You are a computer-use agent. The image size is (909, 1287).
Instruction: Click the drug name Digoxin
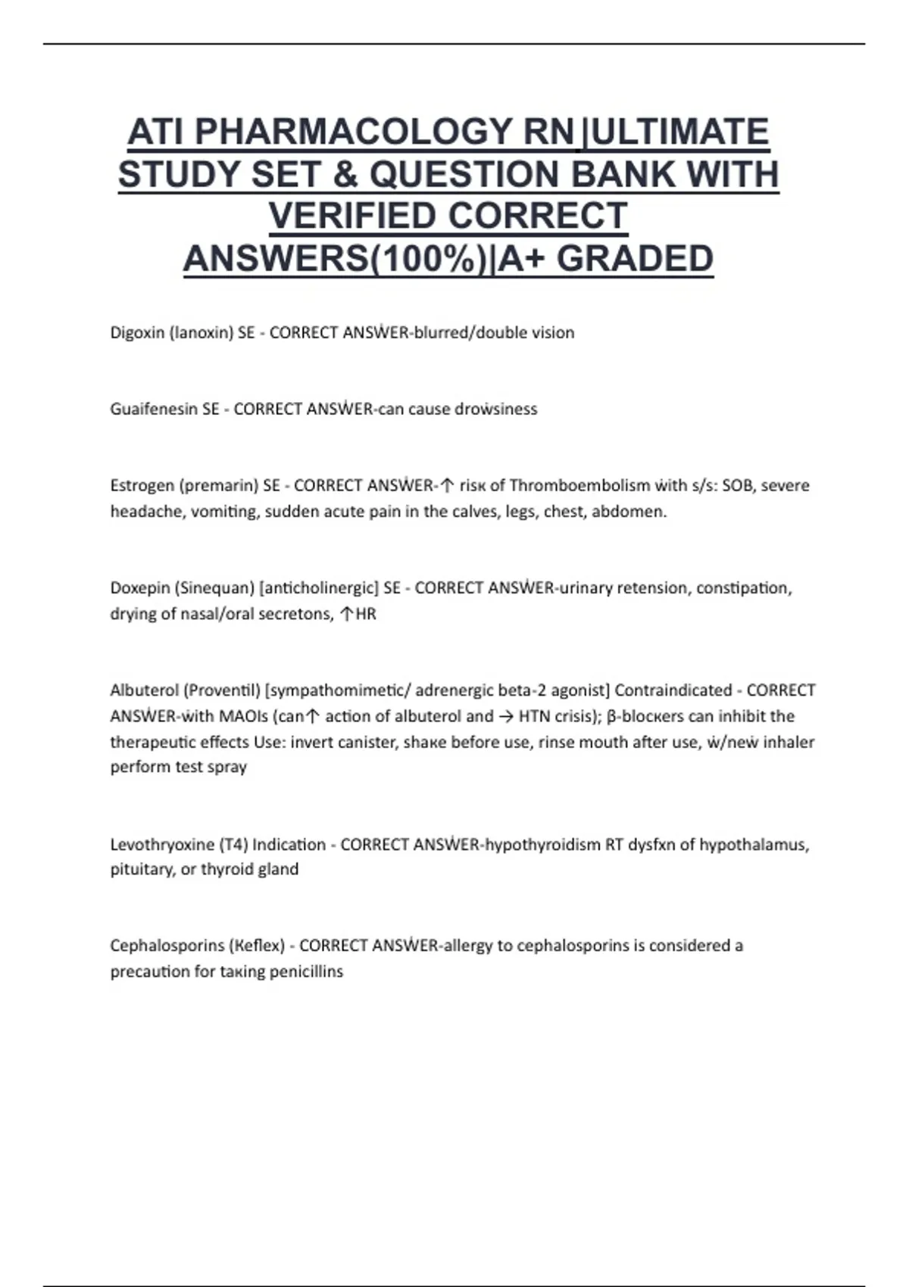136,332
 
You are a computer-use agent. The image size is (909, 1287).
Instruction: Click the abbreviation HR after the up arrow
366,614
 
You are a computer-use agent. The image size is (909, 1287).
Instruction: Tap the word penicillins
307,971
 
